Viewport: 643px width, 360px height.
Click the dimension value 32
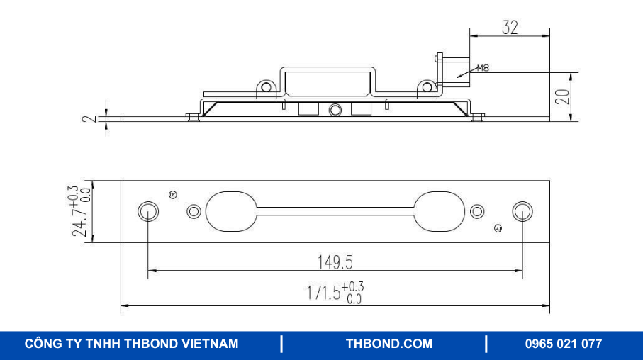click(x=510, y=28)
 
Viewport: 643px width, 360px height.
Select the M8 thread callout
click(x=483, y=69)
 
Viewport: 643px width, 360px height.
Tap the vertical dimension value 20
click(x=562, y=97)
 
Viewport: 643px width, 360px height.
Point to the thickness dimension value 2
click(x=88, y=118)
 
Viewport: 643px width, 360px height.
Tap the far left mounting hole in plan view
click(x=148, y=210)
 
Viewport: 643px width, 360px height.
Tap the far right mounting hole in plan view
click(x=522, y=210)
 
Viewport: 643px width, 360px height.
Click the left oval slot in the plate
click(x=230, y=210)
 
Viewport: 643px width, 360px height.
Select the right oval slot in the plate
click(x=440, y=210)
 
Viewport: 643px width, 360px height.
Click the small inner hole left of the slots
click(x=194, y=211)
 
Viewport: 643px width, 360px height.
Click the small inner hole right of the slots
click(x=477, y=211)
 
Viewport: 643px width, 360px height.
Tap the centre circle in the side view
click(x=335, y=110)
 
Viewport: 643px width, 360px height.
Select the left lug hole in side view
click(x=267, y=88)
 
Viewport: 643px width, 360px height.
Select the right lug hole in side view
click(x=427, y=88)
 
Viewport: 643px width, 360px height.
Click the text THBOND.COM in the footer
click(x=388, y=344)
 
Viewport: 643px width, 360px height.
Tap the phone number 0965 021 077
click(x=563, y=344)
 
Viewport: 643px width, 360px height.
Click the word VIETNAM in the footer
click(x=211, y=344)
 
